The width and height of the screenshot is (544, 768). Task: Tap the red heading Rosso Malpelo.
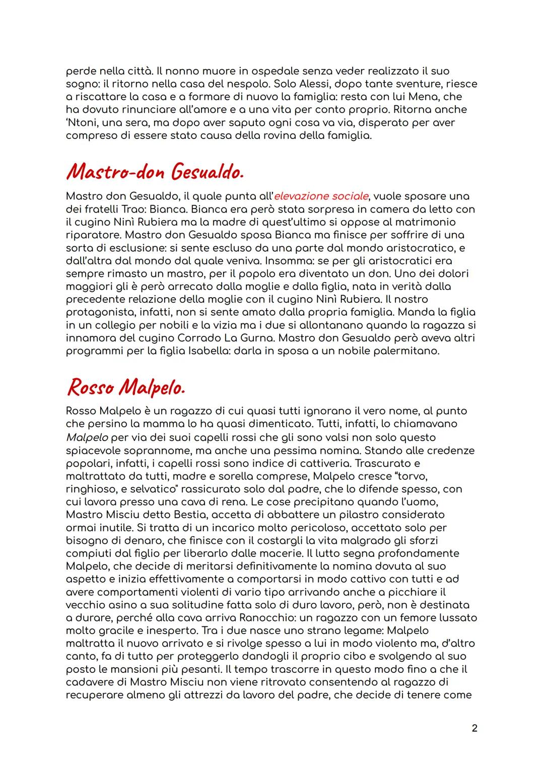[126, 388]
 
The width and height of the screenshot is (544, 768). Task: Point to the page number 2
[474, 728]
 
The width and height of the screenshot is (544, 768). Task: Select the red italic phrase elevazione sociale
[320, 196]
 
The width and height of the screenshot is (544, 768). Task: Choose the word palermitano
[406, 351]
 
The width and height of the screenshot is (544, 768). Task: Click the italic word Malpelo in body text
[87, 437]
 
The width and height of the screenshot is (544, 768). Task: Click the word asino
[118, 605]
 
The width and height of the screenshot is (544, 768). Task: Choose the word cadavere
[90, 682]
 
